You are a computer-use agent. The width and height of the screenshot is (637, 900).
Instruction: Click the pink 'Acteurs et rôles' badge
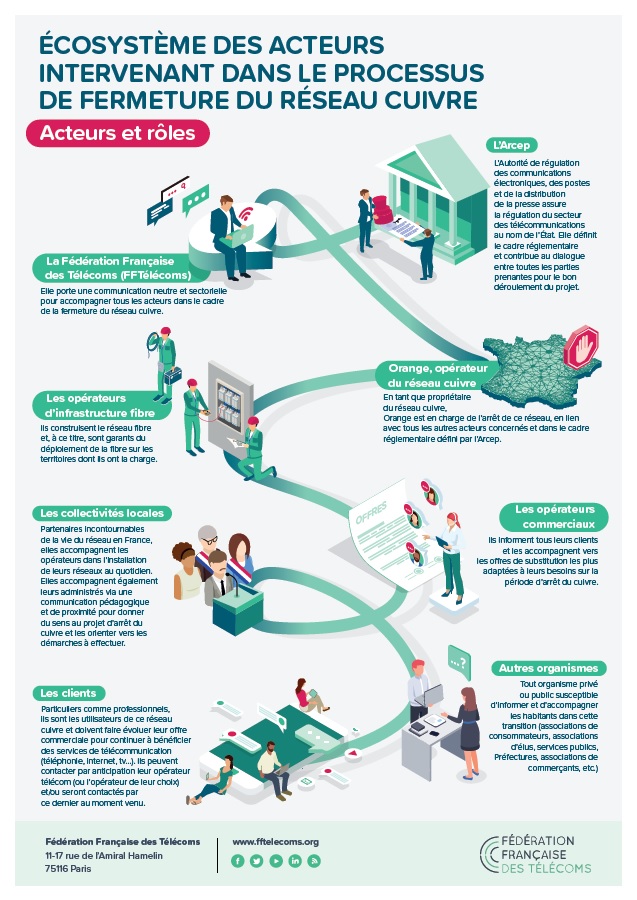click(x=118, y=133)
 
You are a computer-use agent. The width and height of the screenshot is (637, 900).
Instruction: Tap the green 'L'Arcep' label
click(x=511, y=145)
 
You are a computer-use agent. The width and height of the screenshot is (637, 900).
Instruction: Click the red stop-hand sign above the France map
click(x=582, y=347)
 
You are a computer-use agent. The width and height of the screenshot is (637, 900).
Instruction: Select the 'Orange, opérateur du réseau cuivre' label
click(x=437, y=375)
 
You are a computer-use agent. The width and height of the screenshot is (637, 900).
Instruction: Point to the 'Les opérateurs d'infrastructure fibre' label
click(x=103, y=405)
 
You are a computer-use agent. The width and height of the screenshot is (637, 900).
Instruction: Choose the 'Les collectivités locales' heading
click(x=102, y=513)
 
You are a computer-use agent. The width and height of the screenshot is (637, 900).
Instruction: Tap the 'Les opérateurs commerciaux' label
click(x=554, y=517)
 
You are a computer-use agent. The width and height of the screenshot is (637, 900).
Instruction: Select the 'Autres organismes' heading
click(x=548, y=668)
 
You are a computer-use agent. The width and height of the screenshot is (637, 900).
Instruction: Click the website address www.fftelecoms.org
click(x=275, y=841)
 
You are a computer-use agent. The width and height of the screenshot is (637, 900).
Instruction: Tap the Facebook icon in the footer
click(x=238, y=861)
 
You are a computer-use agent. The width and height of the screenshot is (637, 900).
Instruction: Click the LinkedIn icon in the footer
click(x=294, y=861)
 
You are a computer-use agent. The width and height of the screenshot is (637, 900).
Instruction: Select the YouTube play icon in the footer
click(x=275, y=861)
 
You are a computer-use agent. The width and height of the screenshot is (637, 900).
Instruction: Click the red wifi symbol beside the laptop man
click(x=246, y=214)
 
